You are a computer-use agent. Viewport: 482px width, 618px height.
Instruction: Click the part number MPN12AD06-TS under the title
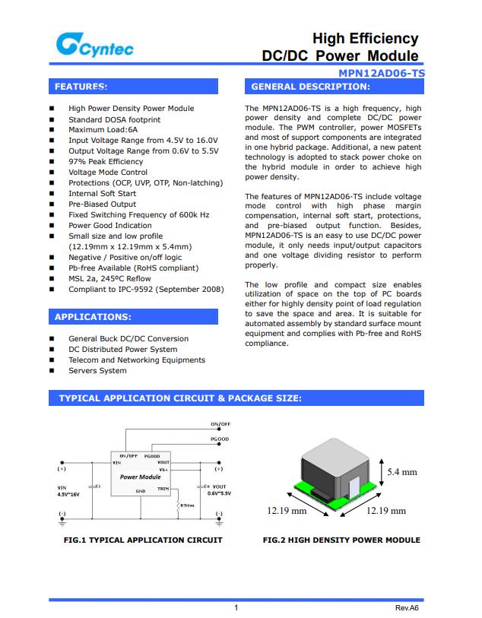click(382, 74)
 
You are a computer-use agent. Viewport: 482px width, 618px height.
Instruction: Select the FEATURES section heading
click(81, 87)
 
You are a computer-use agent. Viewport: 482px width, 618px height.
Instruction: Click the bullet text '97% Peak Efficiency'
click(106, 162)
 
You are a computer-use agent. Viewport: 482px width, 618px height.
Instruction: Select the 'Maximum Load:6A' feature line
click(103, 130)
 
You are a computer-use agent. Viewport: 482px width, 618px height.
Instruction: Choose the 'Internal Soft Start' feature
click(103, 194)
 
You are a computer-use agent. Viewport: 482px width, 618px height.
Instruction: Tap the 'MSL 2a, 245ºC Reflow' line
click(109, 279)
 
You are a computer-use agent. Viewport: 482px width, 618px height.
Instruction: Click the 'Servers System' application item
click(97, 371)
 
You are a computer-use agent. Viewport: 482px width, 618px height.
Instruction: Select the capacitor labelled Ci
click(90, 485)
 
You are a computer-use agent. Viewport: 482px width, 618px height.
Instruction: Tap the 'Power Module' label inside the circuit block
click(140, 477)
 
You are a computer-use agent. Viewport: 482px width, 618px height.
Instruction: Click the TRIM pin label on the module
click(163, 490)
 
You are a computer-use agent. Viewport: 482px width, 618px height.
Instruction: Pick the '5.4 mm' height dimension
click(402, 472)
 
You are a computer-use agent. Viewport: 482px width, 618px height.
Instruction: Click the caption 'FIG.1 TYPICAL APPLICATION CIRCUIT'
click(143, 540)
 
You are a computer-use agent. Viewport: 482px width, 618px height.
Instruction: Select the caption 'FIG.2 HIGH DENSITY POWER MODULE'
click(341, 540)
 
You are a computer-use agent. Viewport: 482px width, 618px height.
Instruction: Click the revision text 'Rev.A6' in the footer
click(407, 608)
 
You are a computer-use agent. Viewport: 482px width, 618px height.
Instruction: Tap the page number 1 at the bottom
click(236, 608)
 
